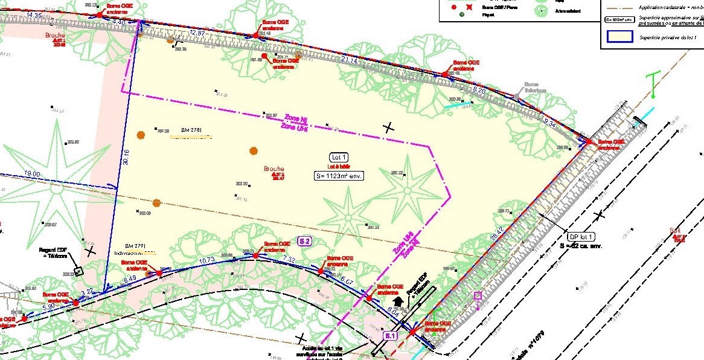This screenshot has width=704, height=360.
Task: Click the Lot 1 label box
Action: coord(338,157)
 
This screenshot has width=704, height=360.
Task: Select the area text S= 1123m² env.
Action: coord(338,176)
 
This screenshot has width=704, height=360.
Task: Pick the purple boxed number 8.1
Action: coord(389,336)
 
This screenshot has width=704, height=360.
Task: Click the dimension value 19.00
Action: coord(32,174)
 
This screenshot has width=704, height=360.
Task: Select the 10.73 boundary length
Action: coord(207,260)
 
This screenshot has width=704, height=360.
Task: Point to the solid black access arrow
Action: coord(397,300)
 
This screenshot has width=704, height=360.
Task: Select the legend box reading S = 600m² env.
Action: coord(618,19)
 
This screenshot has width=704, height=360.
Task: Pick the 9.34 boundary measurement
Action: coord(550,122)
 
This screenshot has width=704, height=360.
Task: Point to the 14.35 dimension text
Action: coord(35,15)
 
